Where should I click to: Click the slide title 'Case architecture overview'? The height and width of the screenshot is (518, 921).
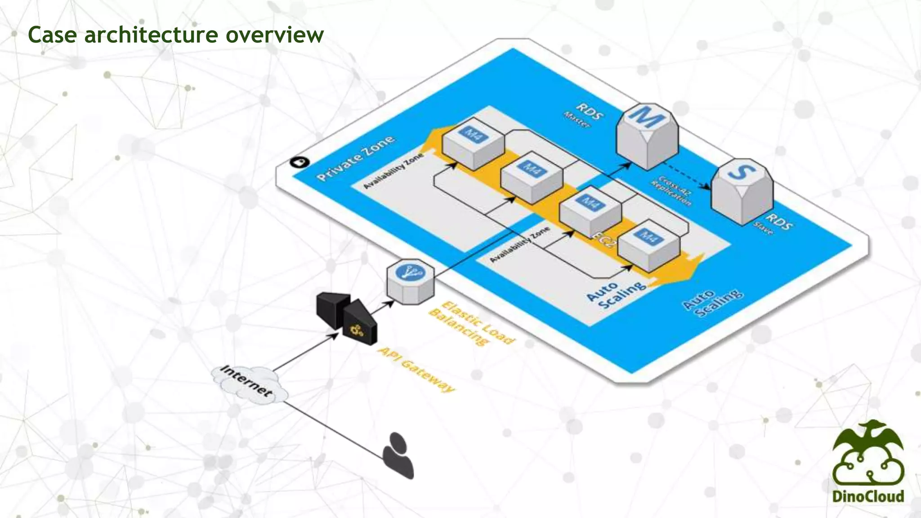(x=175, y=34)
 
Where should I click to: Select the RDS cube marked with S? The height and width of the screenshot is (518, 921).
(x=742, y=191)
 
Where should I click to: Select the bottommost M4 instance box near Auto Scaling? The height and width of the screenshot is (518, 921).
(x=648, y=245)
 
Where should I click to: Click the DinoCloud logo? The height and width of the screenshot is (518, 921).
(x=867, y=463)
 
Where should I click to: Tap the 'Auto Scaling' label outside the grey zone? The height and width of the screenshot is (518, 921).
(x=713, y=303)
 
